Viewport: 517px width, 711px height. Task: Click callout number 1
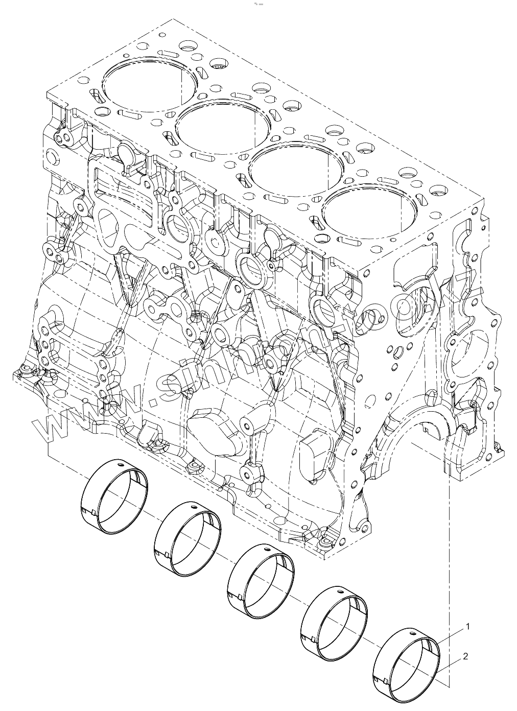467,626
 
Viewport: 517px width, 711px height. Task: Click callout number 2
465,656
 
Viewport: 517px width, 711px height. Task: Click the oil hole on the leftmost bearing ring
120,465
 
